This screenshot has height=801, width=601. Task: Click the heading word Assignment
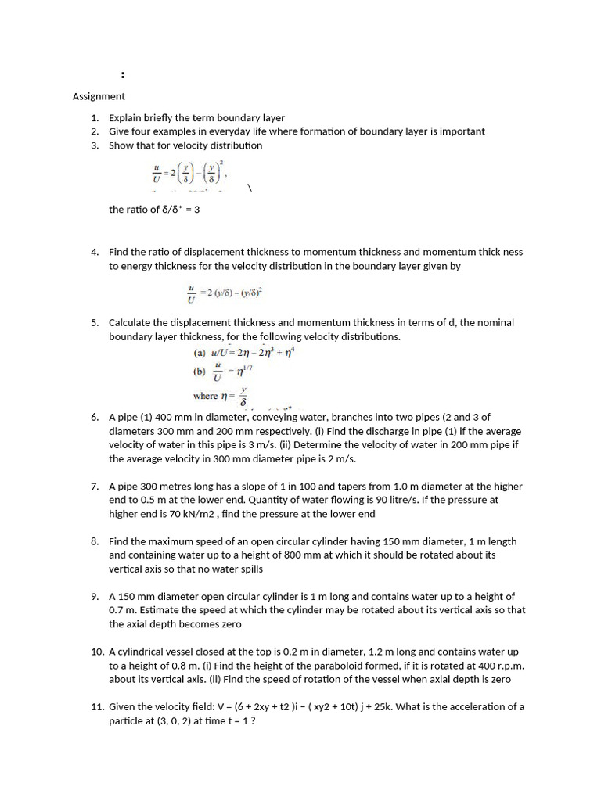tap(99, 96)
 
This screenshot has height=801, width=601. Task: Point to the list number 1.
tap(94, 118)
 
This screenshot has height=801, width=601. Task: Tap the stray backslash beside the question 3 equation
tap(249, 189)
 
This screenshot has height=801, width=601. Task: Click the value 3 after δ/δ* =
tap(197, 210)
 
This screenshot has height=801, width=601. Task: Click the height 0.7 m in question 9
tap(121, 610)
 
